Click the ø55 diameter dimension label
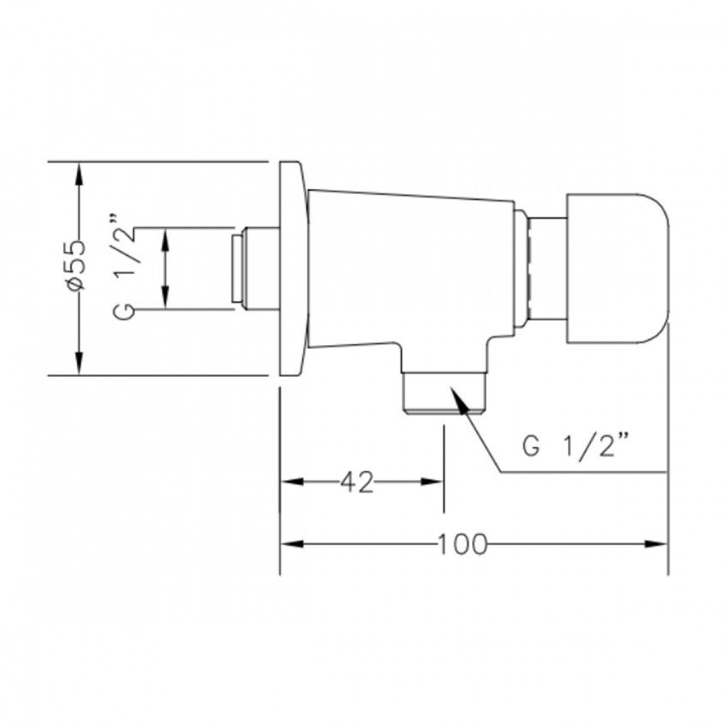tap(76, 266)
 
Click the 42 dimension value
tap(357, 482)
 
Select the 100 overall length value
tap(462, 544)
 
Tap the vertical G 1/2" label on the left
tap(124, 266)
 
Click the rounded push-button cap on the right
tap(618, 268)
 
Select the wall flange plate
tap(293, 268)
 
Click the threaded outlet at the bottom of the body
tap(445, 392)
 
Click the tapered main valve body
tap(411, 269)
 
